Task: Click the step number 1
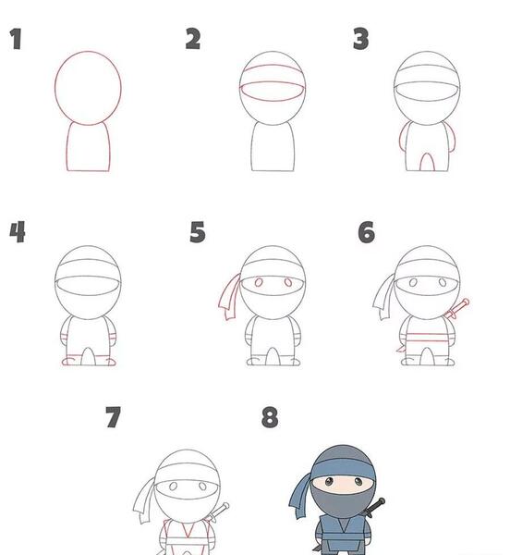pyautogui.click(x=16, y=39)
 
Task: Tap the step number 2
pyautogui.click(x=193, y=39)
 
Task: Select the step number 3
pyautogui.click(x=361, y=39)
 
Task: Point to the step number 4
pyautogui.click(x=18, y=232)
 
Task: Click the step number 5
pyautogui.click(x=198, y=232)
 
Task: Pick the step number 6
pyautogui.click(x=366, y=232)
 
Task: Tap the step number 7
pyautogui.click(x=113, y=417)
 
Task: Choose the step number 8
pyautogui.click(x=270, y=417)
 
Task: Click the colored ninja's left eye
pyautogui.click(x=329, y=481)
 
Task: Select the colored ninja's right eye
pyautogui.click(x=358, y=481)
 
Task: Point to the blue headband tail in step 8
pyautogui.click(x=300, y=496)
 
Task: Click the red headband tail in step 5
pyautogui.click(x=230, y=297)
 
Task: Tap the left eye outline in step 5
pyautogui.click(x=259, y=282)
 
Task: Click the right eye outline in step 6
pyautogui.click(x=443, y=282)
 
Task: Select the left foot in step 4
pyautogui.click(x=68, y=362)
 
